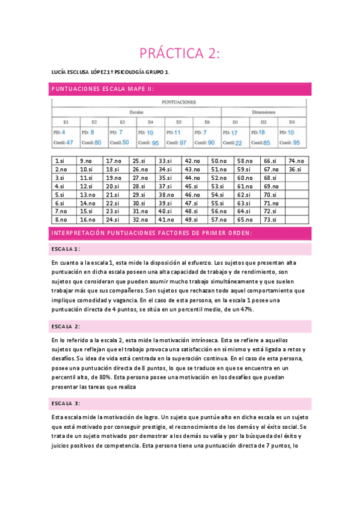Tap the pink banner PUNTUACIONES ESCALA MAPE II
click(103, 89)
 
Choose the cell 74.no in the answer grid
click(296, 161)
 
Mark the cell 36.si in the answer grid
click(295, 170)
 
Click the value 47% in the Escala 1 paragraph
click(243, 309)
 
